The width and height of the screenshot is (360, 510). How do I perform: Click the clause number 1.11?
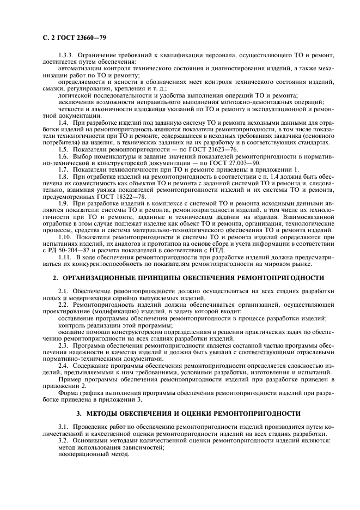(65, 257)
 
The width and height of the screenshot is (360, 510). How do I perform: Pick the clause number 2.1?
(64, 291)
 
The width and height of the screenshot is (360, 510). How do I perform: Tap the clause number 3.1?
(64, 427)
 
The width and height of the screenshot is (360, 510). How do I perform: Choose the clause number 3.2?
(64, 441)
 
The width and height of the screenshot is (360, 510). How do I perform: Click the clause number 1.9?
(64, 203)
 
